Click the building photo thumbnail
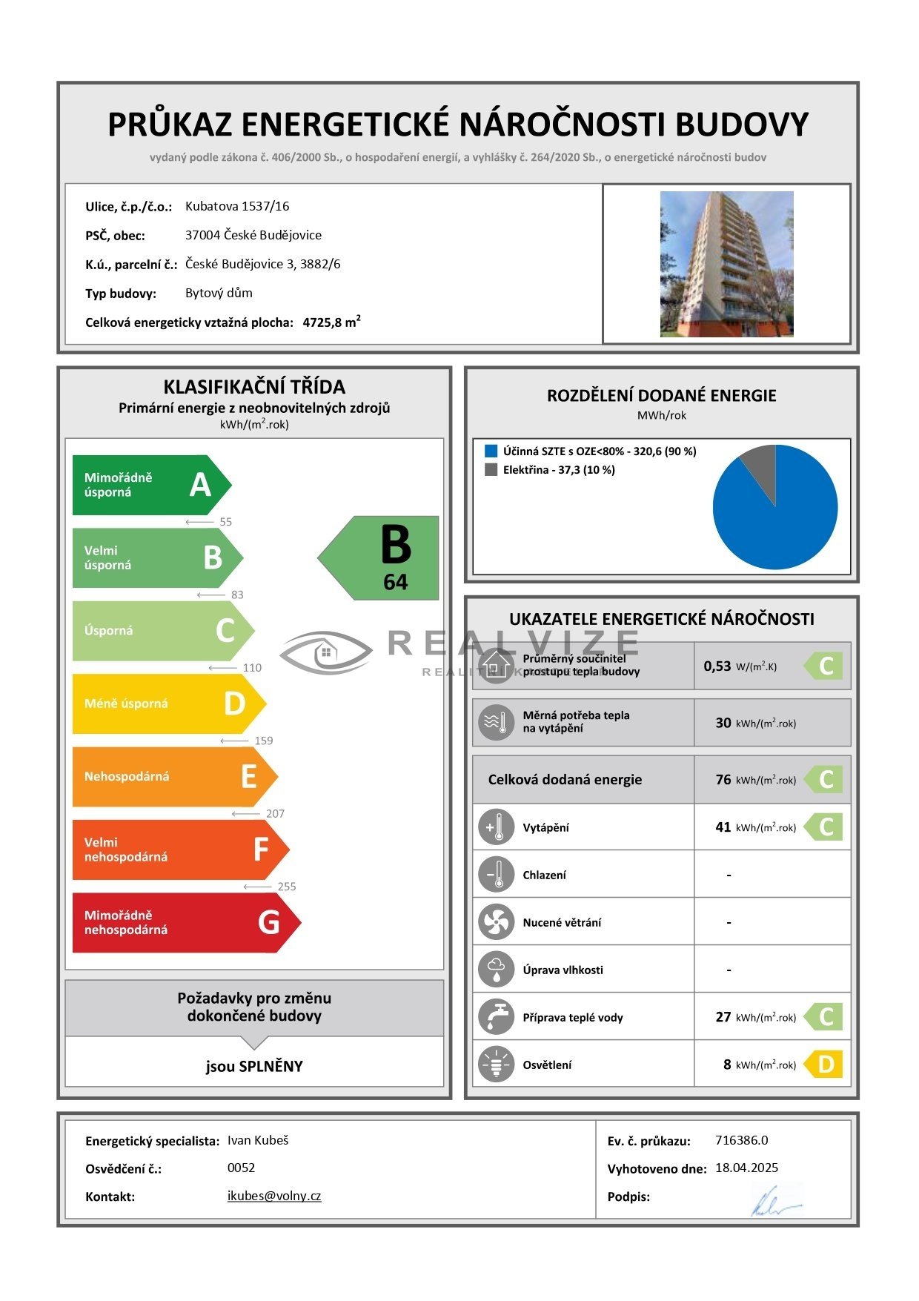(726, 264)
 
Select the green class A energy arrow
(148, 485)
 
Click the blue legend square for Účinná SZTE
(491, 451)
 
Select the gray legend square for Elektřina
(491, 469)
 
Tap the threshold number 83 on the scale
(237, 595)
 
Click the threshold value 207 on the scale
(275, 813)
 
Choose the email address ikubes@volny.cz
(274, 1196)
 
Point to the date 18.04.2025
(746, 1168)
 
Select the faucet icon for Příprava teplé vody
(496, 1017)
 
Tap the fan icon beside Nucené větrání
(496, 922)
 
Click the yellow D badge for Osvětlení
(824, 1065)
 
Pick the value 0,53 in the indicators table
(717, 666)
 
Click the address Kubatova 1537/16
(237, 206)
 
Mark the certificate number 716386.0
(741, 1140)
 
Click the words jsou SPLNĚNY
(254, 1066)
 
